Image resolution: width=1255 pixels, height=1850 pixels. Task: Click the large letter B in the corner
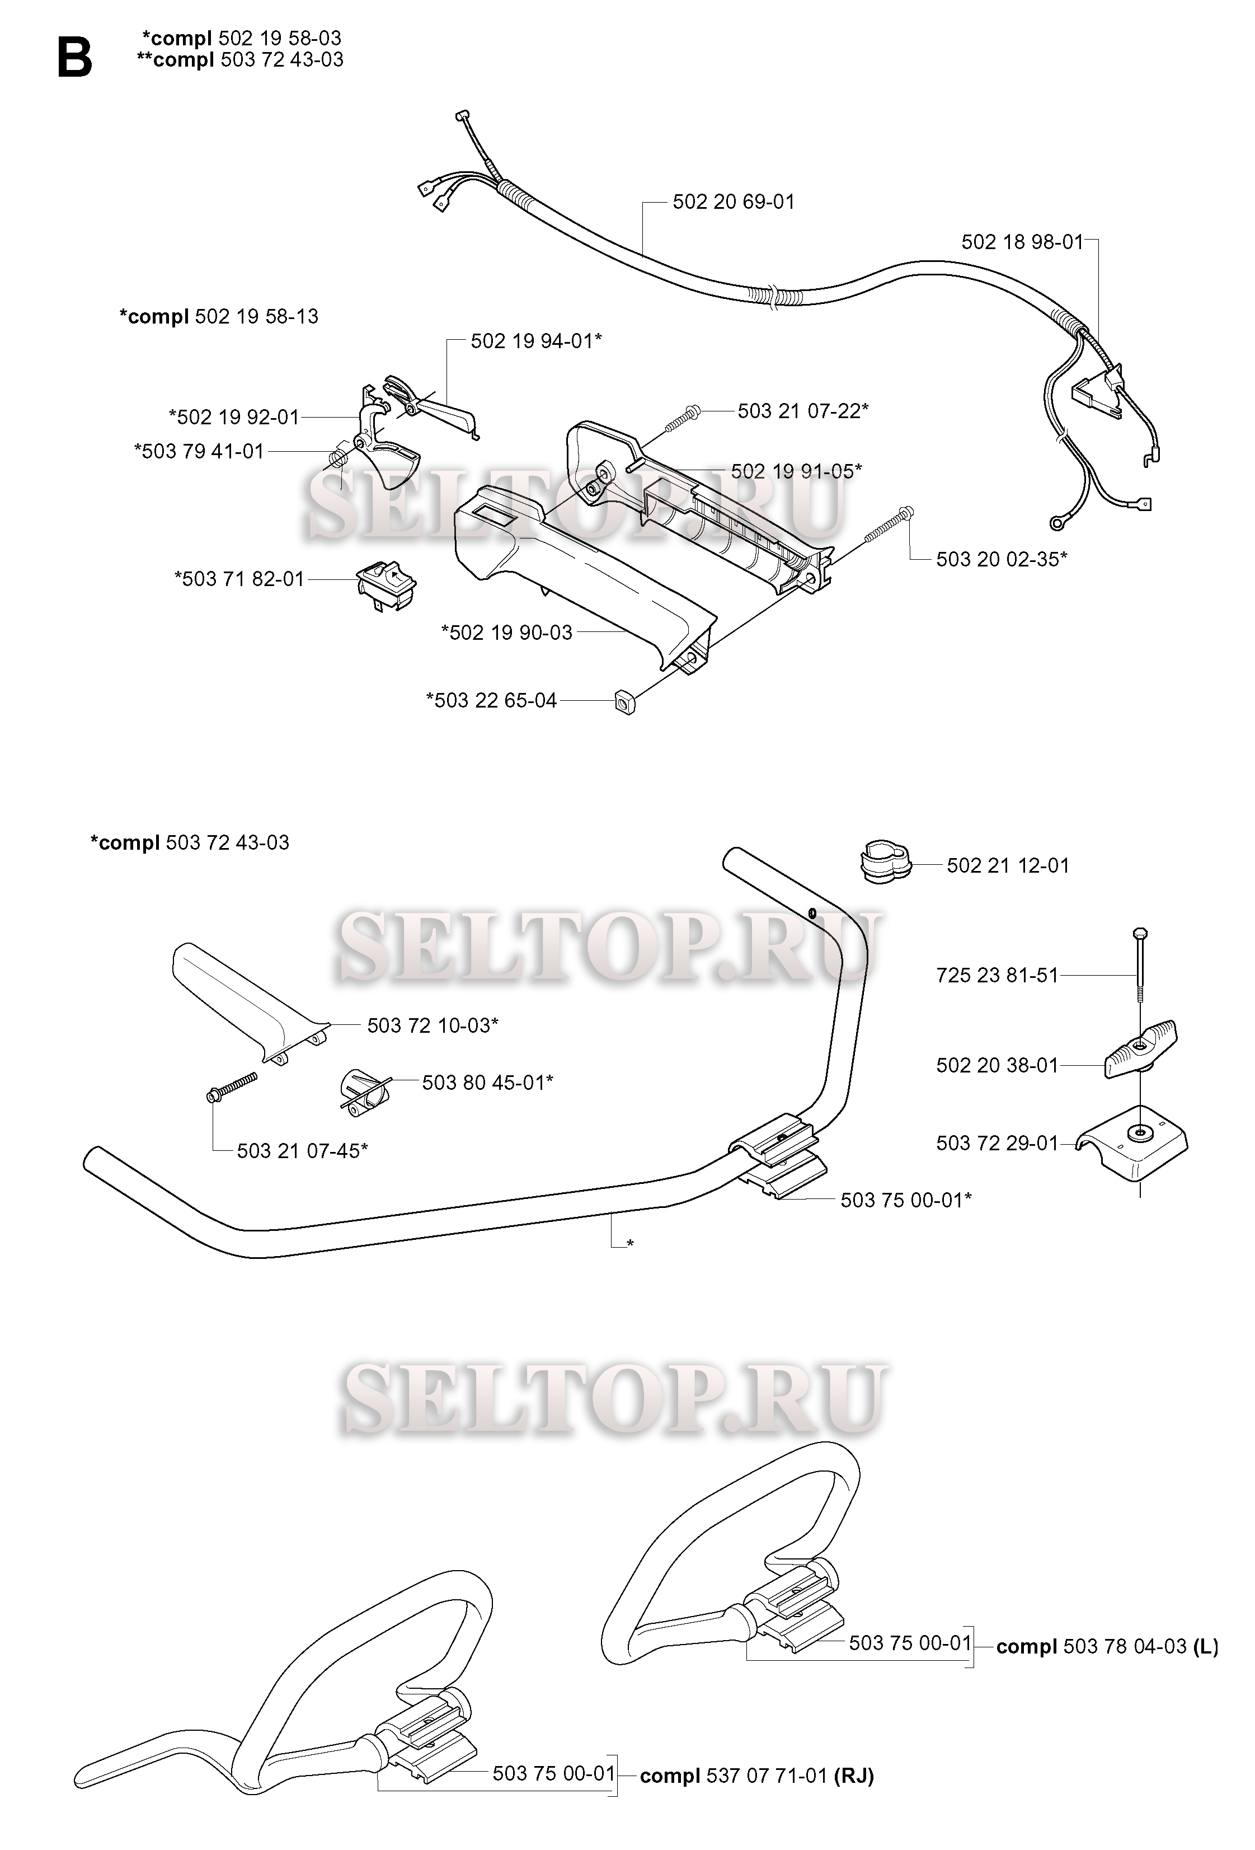tap(75, 59)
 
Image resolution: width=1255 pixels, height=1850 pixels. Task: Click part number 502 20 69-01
tap(733, 202)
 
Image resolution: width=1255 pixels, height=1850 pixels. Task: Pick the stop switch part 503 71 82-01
tap(386, 584)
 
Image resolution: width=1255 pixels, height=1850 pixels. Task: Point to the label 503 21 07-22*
tap(803, 411)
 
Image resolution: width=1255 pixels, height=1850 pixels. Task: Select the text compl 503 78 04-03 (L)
tap(1107, 1646)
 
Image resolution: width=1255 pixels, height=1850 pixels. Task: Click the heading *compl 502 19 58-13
tap(219, 317)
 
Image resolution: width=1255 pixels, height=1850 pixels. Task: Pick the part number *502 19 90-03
tap(507, 633)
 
